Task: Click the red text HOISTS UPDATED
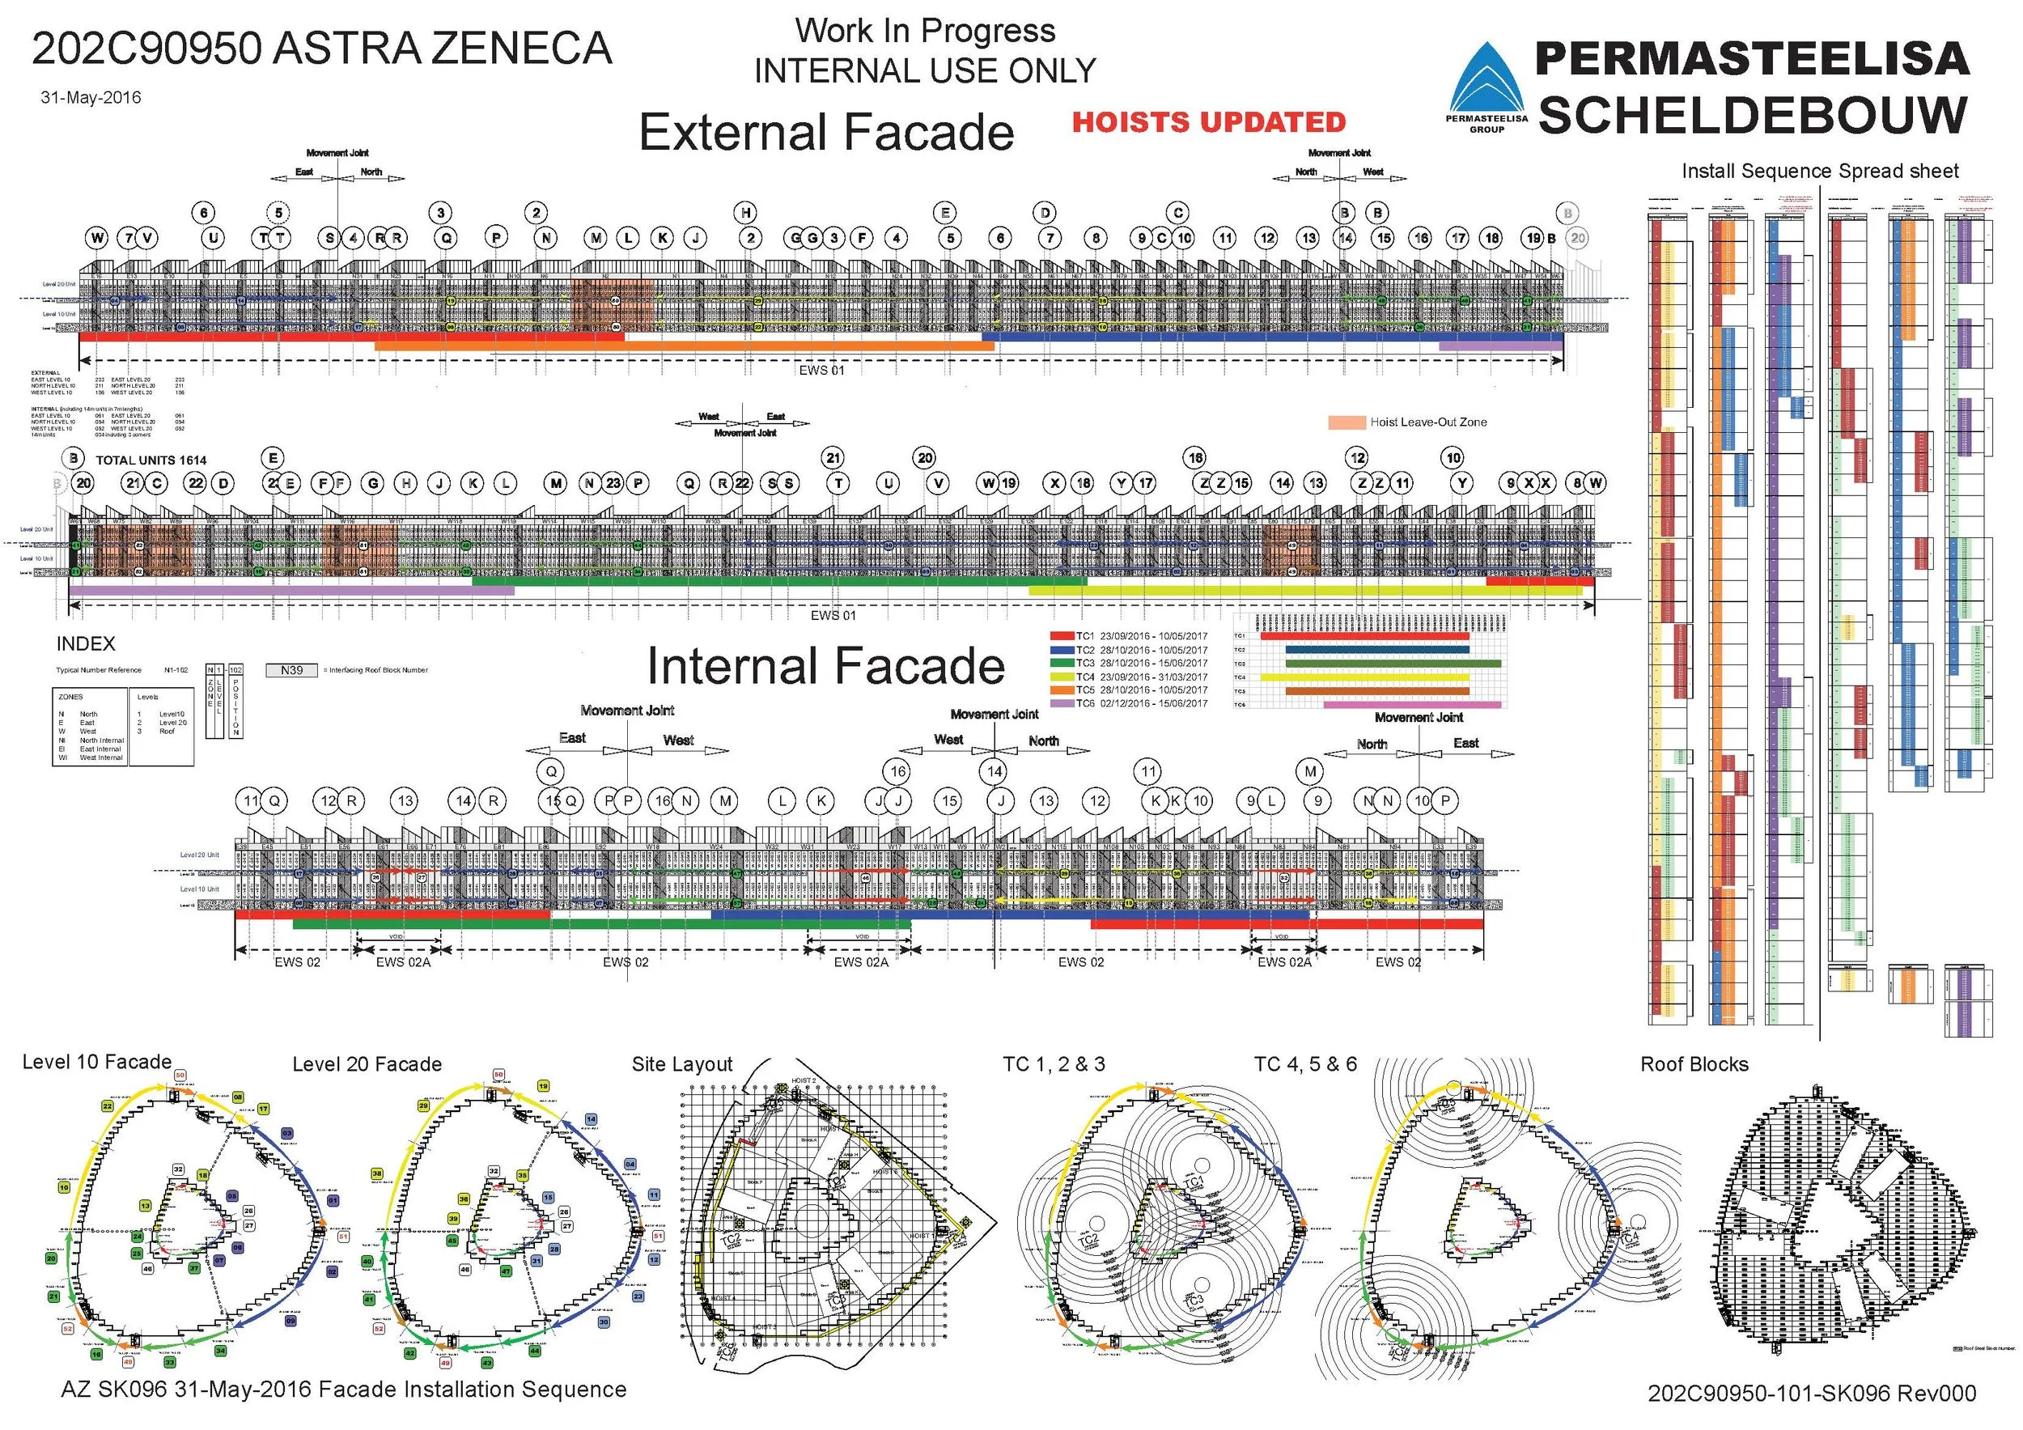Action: tap(1208, 122)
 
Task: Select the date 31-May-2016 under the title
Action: tap(91, 98)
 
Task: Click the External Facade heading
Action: tap(825, 132)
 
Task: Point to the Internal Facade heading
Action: tap(825, 666)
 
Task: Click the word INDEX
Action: tap(86, 644)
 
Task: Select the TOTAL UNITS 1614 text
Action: tap(151, 460)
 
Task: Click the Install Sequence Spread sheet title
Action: tap(1819, 171)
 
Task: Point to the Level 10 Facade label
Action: tap(97, 1063)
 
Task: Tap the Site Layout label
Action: tap(682, 1064)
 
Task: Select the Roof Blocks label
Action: tap(1694, 1064)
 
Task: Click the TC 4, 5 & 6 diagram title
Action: tap(1305, 1064)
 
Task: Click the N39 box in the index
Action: tap(291, 671)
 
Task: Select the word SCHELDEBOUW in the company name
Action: tap(1753, 115)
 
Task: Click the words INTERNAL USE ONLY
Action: tap(925, 70)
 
